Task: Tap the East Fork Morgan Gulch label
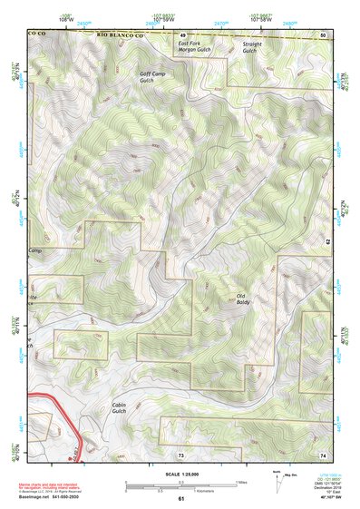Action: click(195, 46)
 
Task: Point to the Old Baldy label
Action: click(242, 299)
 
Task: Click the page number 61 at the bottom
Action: click(181, 499)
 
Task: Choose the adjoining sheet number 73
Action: click(181, 453)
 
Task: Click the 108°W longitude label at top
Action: click(63, 19)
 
